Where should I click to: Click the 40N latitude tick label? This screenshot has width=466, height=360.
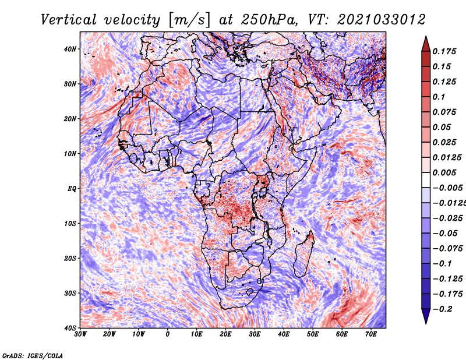coord(70,49)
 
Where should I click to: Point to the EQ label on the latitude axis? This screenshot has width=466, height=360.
coord(72,189)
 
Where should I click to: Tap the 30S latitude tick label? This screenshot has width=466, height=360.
coord(70,293)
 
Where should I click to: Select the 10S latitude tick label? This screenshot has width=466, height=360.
coord(70,224)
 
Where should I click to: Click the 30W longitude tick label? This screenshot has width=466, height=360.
coord(80,334)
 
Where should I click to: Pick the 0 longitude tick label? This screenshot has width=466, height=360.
coord(168,334)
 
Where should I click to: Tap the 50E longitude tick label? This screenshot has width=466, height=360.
coord(313,334)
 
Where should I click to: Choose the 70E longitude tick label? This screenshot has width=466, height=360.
coord(370,334)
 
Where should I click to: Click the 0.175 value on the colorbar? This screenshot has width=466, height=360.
coord(444,51)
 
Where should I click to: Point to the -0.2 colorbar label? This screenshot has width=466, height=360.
coord(443,309)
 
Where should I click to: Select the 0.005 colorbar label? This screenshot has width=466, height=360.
coord(444,172)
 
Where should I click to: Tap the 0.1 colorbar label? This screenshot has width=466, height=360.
coord(439,97)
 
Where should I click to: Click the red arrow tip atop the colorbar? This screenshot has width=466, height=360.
coord(426,37)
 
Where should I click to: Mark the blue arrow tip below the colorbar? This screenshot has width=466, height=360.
coord(426,323)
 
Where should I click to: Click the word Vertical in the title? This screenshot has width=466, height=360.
coord(69,20)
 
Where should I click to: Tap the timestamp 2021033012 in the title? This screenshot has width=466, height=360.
coord(382,20)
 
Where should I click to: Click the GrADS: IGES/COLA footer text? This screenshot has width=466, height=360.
coord(33,355)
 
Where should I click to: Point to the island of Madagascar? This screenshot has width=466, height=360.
coord(304,255)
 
